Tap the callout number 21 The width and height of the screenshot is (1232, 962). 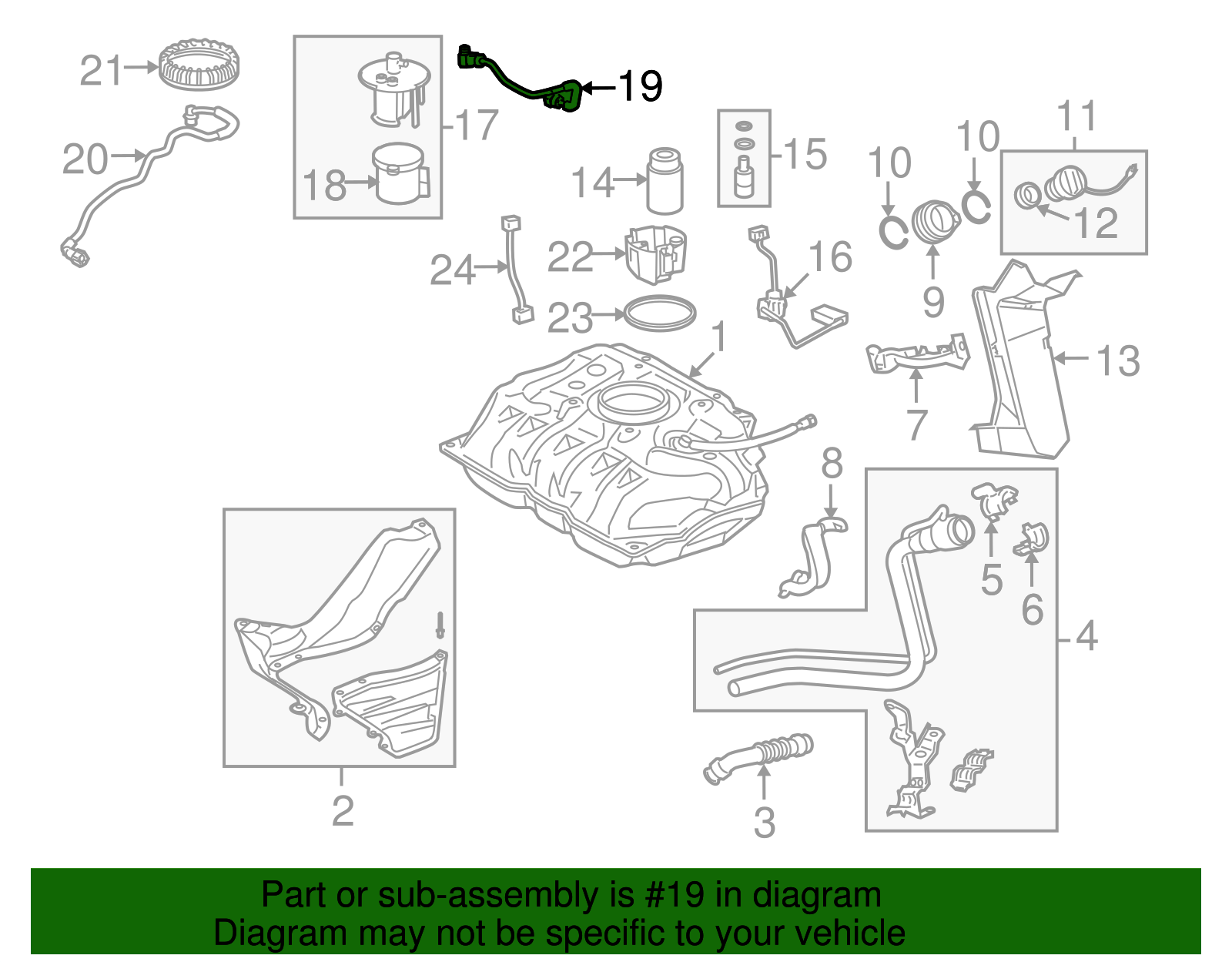click(101, 71)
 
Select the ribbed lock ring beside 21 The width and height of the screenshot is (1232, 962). click(199, 65)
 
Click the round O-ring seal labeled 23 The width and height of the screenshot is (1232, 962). click(659, 313)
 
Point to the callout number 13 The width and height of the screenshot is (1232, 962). click(1117, 360)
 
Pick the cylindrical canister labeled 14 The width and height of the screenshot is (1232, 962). click(664, 181)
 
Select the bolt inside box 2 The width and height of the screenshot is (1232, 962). click(440, 625)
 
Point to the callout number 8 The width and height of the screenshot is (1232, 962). click(832, 464)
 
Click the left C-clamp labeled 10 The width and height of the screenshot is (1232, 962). click(894, 233)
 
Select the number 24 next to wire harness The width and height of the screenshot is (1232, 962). click(452, 270)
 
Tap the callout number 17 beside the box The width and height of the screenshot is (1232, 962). click(477, 125)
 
